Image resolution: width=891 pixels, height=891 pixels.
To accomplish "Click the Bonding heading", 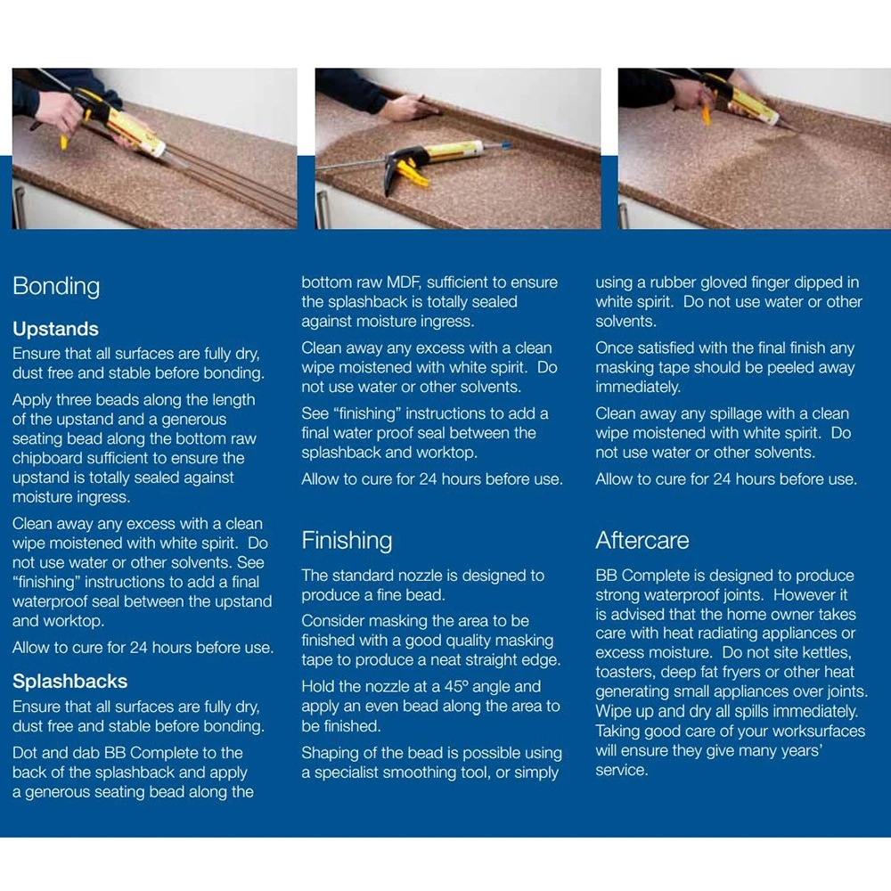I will coord(56,286).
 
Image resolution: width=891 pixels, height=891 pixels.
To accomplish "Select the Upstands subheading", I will coord(55,329).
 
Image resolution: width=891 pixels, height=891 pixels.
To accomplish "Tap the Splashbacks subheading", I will coord(69,682).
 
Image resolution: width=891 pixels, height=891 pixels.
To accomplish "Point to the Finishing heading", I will coord(347,540).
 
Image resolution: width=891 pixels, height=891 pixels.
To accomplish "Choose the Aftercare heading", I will coord(642,540).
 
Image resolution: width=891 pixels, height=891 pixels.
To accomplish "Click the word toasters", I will coord(629,673).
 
